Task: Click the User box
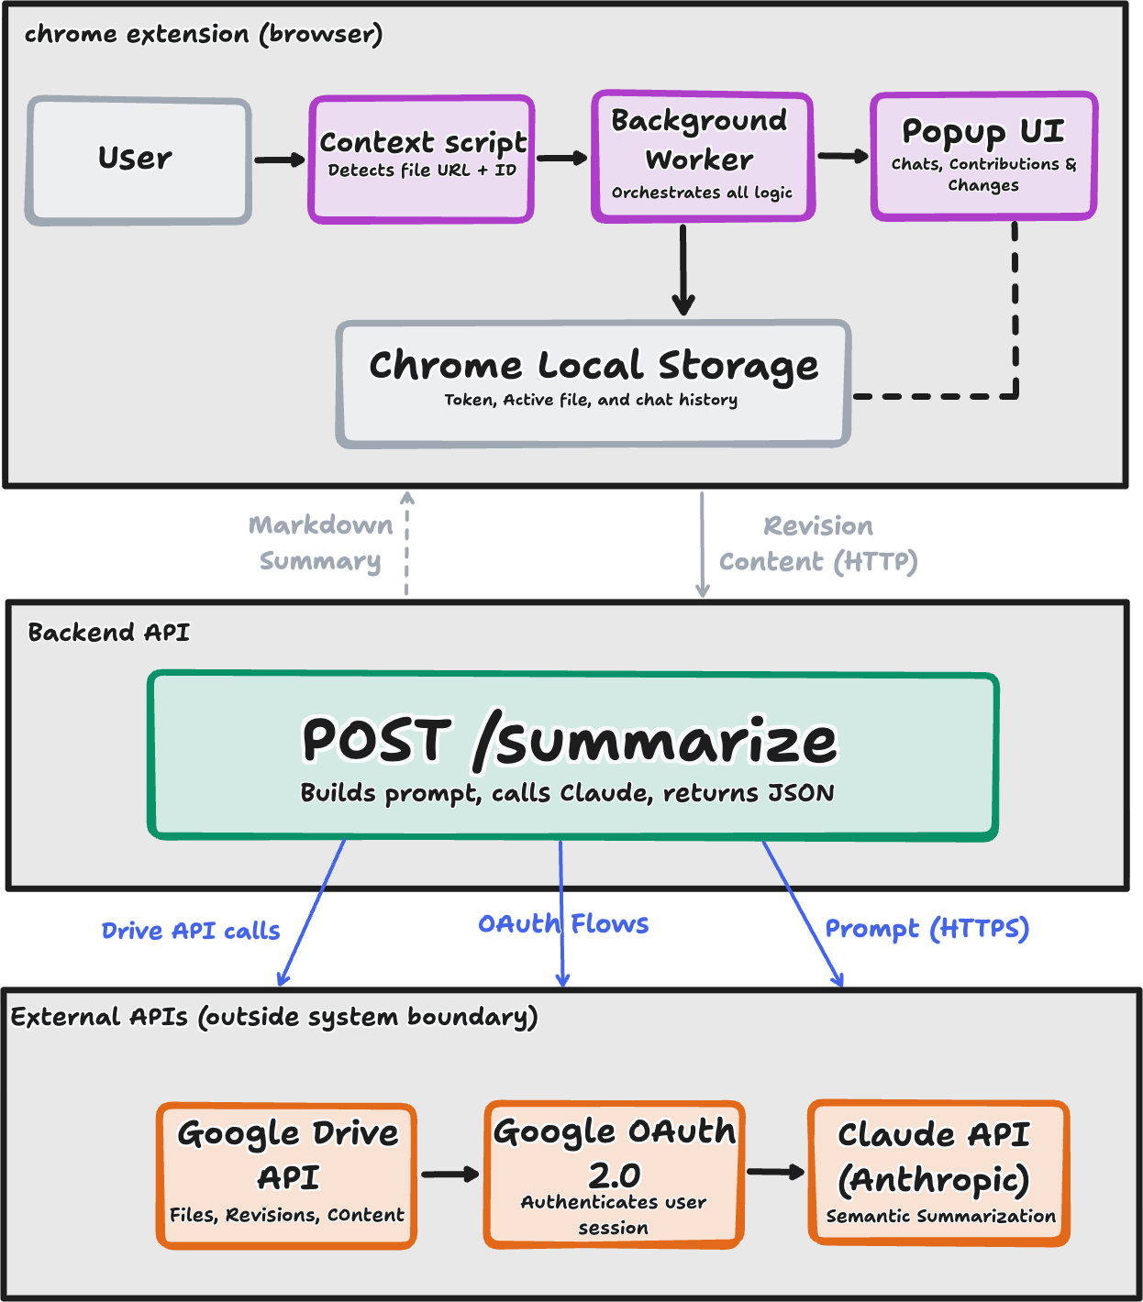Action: click(139, 160)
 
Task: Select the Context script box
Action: click(422, 160)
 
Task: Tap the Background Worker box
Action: click(703, 157)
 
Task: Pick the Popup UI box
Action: click(983, 157)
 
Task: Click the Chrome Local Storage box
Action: click(594, 383)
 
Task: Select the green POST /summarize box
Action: click(572, 756)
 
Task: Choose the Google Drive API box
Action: click(287, 1175)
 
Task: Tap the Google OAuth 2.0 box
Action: click(614, 1175)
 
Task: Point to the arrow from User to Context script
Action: click(280, 160)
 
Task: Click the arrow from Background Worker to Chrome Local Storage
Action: click(683, 270)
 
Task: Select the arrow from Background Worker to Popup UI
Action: click(842, 157)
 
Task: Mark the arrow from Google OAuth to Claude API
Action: click(775, 1172)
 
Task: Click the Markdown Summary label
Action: click(320, 543)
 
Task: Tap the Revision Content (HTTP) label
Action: click(818, 545)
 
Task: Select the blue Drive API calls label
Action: click(191, 932)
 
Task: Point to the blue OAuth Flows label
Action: click(563, 924)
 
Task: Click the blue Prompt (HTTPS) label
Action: click(927, 930)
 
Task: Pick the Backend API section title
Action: click(108, 633)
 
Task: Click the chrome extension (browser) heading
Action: click(203, 35)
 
